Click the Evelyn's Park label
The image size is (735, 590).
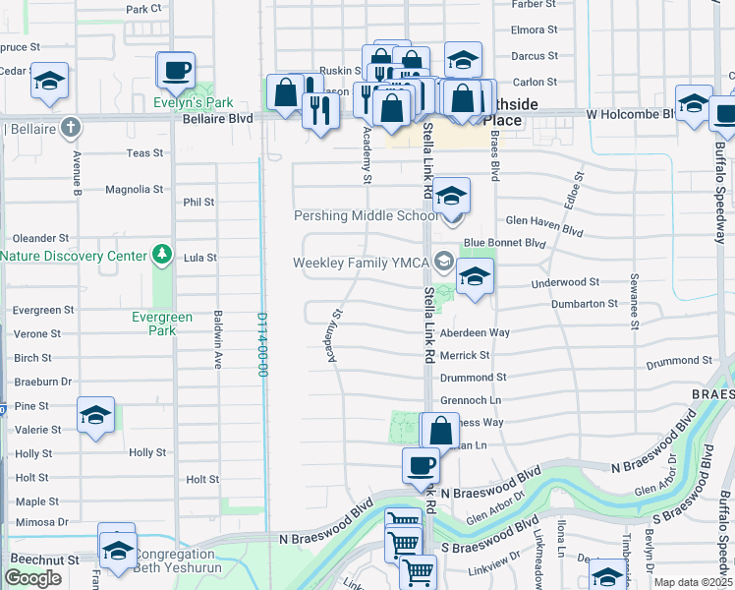[194, 102]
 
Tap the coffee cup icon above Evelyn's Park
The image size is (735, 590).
[177, 71]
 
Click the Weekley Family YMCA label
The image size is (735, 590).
[363, 262]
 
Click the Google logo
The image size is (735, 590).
[33, 577]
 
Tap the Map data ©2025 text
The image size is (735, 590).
[693, 582]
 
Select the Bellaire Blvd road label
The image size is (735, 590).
[218, 118]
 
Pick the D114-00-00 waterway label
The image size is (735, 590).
[263, 344]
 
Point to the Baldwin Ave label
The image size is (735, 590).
[218, 339]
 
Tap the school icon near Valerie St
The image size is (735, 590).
[95, 417]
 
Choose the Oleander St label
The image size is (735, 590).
[41, 238]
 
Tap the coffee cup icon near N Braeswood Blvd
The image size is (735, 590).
[421, 465]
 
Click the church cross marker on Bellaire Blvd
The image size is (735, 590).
[70, 127]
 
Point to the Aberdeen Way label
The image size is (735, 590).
[475, 332]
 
